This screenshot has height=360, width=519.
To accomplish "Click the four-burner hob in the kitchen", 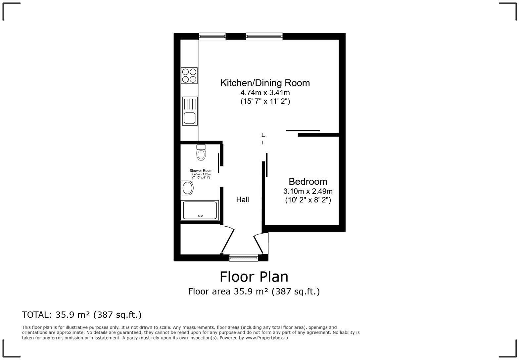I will (x=189, y=75).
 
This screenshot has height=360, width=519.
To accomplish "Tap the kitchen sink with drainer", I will (x=190, y=111).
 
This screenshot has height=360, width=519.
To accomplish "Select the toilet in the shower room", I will (x=201, y=153).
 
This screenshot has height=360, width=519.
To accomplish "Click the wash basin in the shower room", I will (x=187, y=188).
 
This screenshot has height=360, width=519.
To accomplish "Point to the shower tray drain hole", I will (x=200, y=216).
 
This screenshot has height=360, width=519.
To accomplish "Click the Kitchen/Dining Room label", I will (x=265, y=83).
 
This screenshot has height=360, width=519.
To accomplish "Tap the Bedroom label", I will (x=308, y=181).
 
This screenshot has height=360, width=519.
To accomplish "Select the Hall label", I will (x=242, y=200).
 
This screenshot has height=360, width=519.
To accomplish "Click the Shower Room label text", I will (x=201, y=171).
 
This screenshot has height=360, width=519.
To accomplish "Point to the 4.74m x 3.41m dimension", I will (x=265, y=93).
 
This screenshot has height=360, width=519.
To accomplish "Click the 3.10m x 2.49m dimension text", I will (x=308, y=191).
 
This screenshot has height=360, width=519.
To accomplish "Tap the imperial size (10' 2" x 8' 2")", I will (x=308, y=200).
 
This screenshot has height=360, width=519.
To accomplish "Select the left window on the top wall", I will (x=212, y=36).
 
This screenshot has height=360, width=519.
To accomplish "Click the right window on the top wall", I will (x=264, y=36).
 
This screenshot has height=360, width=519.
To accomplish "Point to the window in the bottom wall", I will (x=244, y=257).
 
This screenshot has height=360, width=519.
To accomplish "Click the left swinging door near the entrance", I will (x=228, y=240).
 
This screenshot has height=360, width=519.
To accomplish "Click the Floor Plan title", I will (x=254, y=276).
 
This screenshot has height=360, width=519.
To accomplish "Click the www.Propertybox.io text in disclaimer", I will (x=266, y=338).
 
